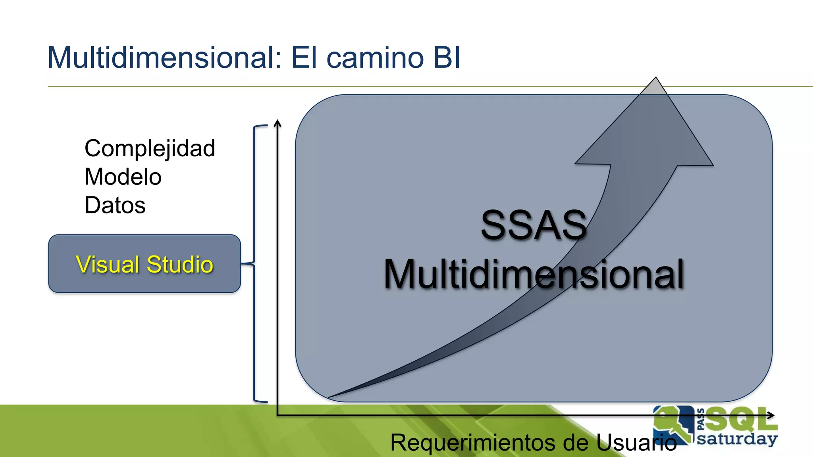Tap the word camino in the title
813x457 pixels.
coord(375,58)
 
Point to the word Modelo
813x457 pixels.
coord(123,177)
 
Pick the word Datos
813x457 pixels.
coord(115,205)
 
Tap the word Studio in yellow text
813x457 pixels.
coord(180,265)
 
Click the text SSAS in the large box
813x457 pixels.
coord(534,225)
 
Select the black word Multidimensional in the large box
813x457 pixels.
coord(534,274)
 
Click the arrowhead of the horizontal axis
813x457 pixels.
coord(771,415)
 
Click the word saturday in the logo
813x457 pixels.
coord(737,439)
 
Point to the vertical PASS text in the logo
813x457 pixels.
coord(700,419)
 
